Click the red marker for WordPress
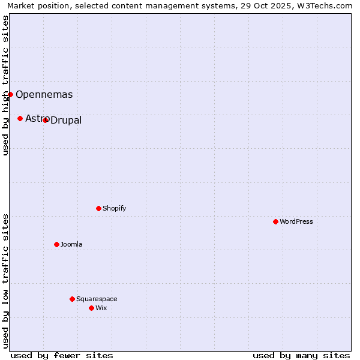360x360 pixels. (275, 221)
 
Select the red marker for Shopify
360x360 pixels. (98, 208)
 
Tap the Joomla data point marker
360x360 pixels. (56, 244)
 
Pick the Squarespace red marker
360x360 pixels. (72, 299)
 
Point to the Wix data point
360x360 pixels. (91, 308)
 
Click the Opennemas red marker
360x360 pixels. (10, 94)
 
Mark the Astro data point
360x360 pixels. (20, 118)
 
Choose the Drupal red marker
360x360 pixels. (45, 120)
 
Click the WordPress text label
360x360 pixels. (296, 221)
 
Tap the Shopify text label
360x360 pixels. (115, 208)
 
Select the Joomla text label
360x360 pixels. (71, 244)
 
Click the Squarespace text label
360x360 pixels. (97, 299)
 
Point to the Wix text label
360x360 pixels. (101, 308)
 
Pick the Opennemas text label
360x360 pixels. (44, 94)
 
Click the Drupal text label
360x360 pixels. (66, 121)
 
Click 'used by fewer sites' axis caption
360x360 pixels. (62, 355)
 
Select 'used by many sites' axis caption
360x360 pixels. (301, 355)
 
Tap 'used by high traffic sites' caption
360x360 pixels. (5, 85)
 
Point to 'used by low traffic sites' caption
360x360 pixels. (5, 281)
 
